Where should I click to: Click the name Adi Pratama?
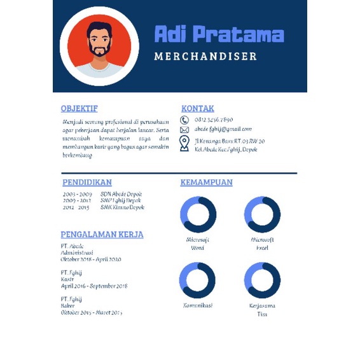click(219, 34)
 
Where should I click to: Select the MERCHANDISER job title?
click(205, 57)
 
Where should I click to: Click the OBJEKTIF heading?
click(79, 109)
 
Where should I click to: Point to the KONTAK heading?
click(198, 109)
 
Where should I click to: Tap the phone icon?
click(184, 120)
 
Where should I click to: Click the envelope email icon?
click(184, 129)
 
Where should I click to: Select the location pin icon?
click(184, 144)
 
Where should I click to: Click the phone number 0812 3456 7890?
click(214, 120)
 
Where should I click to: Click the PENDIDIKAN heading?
click(87, 183)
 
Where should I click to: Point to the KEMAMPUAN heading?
click(206, 183)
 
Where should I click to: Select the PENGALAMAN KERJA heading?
click(97, 234)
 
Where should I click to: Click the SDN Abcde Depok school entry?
click(121, 194)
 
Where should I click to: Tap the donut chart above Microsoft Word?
click(198, 214)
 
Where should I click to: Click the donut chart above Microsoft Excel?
click(262, 214)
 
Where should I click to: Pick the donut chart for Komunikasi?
click(198, 280)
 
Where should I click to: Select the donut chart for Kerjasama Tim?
click(262, 280)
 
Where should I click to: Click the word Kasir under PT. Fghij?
click(67, 279)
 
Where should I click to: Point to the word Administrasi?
click(77, 253)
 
